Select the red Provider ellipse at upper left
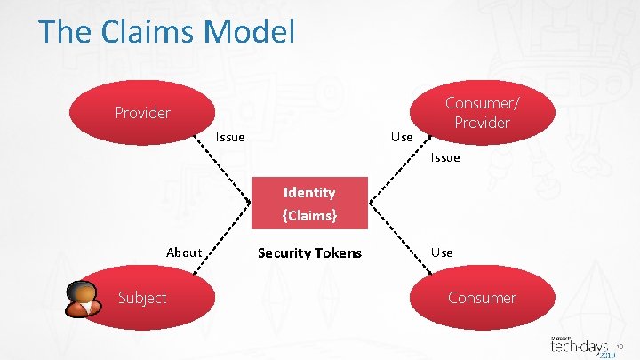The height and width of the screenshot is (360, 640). (142, 113)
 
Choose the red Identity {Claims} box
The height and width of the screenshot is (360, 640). (308, 204)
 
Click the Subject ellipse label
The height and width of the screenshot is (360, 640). (142, 298)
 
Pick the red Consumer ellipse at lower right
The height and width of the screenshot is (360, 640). (482, 298)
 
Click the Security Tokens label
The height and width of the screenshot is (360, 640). (309, 253)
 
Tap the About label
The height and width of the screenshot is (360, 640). (184, 252)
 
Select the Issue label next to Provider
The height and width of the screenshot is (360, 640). (230, 137)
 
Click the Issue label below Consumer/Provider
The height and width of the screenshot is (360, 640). (444, 157)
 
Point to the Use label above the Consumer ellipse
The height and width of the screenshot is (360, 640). (442, 252)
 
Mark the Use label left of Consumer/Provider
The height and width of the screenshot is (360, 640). (402, 137)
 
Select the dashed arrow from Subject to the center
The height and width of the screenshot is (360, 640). (233, 240)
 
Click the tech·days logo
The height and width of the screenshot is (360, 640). (582, 346)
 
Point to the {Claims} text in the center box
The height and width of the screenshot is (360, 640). (308, 214)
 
